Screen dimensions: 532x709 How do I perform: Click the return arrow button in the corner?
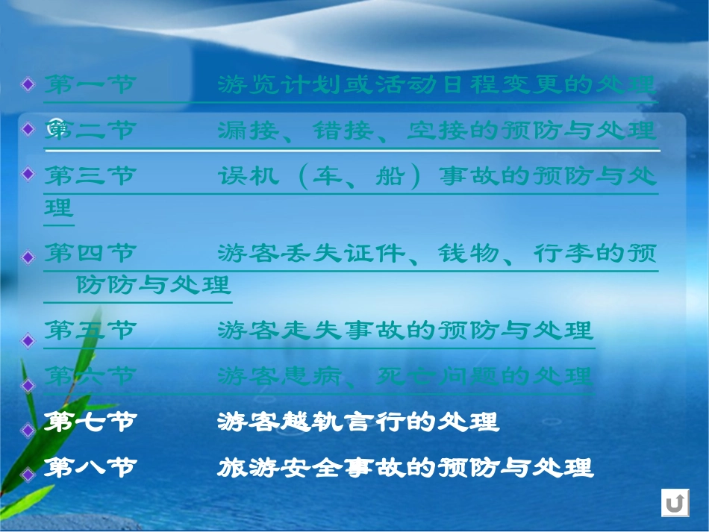pos(675,504)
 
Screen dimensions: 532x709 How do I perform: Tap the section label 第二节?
pos(90,131)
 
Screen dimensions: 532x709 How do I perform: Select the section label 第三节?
pos(90,178)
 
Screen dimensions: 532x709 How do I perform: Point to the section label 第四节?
pos(90,254)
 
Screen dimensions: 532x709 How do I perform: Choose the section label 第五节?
pos(90,331)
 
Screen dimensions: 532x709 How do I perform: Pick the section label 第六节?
pos(90,377)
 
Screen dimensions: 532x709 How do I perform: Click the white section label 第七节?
pos(90,423)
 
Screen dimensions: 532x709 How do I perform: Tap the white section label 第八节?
pos(90,469)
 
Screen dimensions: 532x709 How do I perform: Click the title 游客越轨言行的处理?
pos(358,423)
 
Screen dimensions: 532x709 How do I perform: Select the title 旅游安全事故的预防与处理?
pos(405,469)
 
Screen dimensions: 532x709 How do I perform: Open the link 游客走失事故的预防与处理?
pos(405,331)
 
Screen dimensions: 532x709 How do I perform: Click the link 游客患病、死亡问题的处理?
pos(405,377)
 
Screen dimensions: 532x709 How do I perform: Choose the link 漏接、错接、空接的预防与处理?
pos(437,131)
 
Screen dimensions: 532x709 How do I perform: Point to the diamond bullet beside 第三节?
pos(28,174)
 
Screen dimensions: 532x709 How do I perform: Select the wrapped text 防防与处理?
pos(154,285)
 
